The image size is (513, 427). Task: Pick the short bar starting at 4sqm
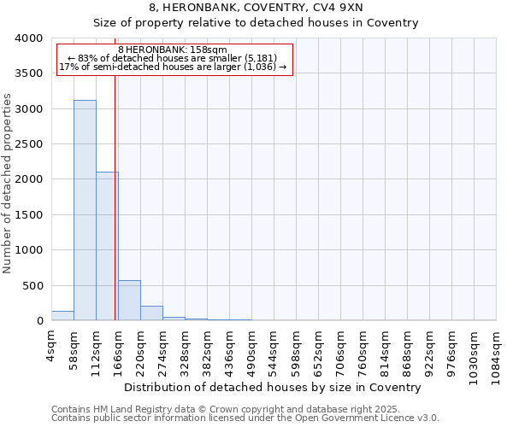tap(62, 316)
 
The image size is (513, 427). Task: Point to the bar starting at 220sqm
tap(151, 313)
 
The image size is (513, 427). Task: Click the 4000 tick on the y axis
tap(30, 38)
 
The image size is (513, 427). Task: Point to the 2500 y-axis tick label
tap(30, 144)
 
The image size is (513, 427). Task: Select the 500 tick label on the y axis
tap(34, 285)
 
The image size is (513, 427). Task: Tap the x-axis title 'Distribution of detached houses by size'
tap(279, 387)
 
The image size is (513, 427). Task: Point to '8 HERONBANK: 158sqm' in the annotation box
tap(172, 50)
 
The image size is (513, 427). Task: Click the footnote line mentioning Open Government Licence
tap(245, 418)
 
